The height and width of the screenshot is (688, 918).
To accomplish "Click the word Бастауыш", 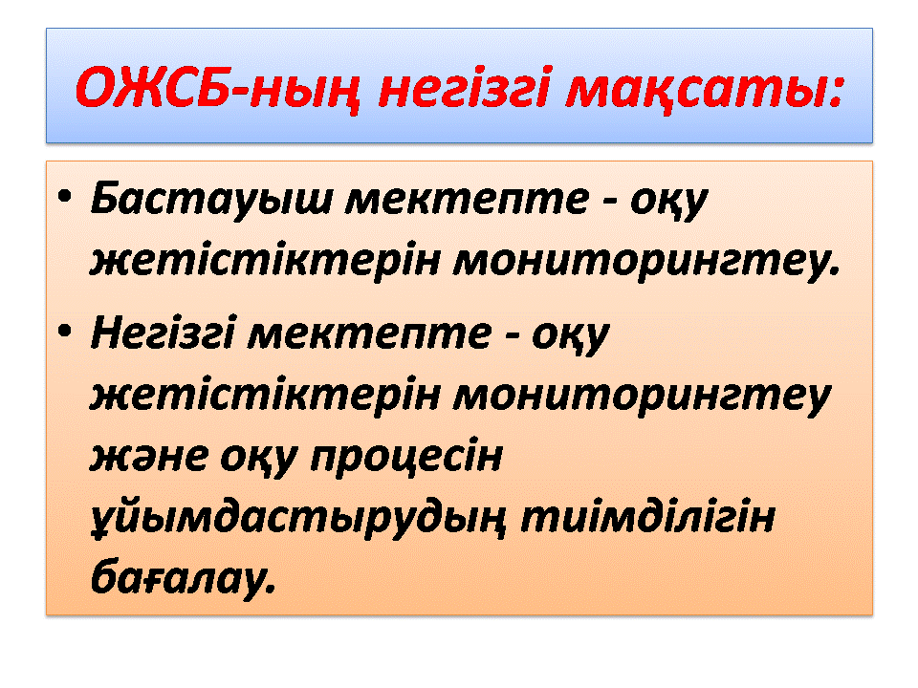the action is pos(211,199).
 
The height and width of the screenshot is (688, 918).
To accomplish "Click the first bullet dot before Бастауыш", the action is pos(64,196).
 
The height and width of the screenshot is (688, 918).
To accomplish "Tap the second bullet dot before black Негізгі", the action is pos(64,332).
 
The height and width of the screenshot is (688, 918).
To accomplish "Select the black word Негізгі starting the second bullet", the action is pos(163,333).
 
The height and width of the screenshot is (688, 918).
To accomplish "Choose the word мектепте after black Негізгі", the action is pos(369,334).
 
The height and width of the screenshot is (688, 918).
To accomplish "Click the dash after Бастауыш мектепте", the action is pos(609,202).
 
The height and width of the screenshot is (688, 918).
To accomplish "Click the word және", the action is pos(149,457).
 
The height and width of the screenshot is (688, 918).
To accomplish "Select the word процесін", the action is pos(406,457).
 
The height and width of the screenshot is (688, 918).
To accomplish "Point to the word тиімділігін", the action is pos(647,517).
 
